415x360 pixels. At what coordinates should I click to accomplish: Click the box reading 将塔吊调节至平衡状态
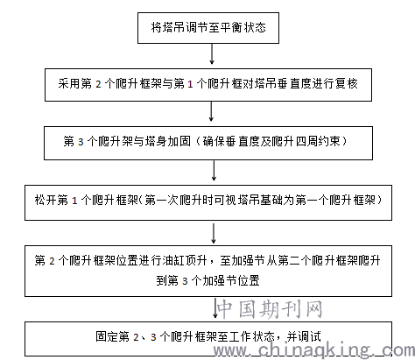(208, 28)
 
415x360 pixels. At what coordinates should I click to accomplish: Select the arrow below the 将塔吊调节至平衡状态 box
(212, 54)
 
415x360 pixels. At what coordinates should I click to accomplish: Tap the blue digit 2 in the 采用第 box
(98, 84)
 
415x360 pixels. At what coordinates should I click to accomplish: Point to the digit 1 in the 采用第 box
(190, 84)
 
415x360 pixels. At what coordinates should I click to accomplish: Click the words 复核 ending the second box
(347, 84)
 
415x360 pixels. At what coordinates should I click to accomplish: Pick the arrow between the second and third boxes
(211, 111)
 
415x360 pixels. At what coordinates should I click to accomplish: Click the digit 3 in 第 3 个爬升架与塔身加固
(81, 142)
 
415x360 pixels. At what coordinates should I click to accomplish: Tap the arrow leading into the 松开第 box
(214, 171)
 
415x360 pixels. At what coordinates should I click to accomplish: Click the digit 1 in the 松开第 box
(74, 201)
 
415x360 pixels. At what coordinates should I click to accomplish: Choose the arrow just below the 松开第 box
(214, 233)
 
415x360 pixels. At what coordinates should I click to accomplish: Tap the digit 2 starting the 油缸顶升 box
(52, 261)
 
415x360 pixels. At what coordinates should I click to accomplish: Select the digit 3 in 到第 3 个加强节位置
(185, 281)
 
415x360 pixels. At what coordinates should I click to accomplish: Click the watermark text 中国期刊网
(270, 309)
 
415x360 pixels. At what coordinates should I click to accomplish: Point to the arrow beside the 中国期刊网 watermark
(215, 307)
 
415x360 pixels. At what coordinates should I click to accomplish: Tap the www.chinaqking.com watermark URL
(314, 349)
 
